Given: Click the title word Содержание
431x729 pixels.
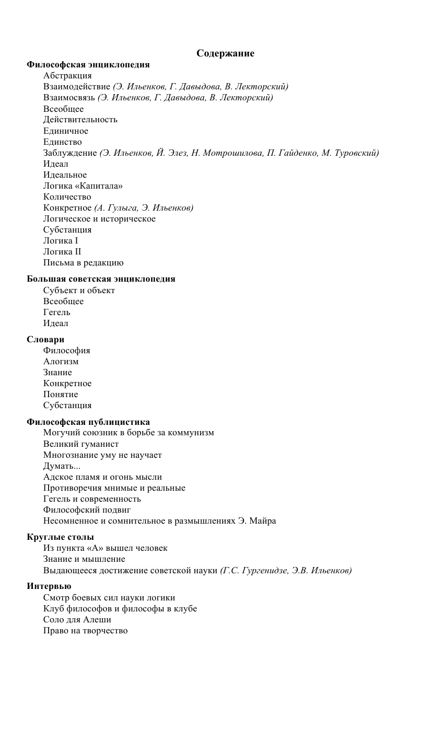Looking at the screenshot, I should [225, 53].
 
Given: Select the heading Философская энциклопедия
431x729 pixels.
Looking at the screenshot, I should [88, 65].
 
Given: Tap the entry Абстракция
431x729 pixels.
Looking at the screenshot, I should [67, 76].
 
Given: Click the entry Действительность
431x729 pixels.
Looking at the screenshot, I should [80, 120].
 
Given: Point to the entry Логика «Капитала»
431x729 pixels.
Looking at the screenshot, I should [83, 186].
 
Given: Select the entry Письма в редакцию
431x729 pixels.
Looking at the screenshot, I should [84, 263].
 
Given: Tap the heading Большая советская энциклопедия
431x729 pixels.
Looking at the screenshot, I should [101, 279].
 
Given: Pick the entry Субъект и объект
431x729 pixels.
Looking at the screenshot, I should [79, 291].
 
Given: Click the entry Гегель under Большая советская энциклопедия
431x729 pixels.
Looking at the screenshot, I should [57, 313].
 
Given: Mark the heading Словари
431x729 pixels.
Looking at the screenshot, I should [45, 340].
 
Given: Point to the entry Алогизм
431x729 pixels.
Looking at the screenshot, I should [61, 362].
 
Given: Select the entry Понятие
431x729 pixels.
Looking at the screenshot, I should [61, 395].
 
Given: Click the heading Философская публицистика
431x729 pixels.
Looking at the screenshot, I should [88, 422].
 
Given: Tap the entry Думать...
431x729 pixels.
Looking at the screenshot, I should [62, 466].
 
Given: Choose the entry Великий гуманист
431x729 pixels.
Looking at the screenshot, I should [81, 444].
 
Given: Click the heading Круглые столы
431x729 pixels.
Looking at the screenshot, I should [60, 537].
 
